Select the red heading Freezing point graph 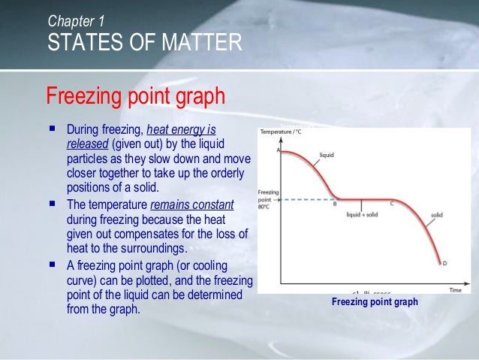(x=135, y=97)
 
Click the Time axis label (x=456, y=289)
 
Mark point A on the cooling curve (x=279, y=150)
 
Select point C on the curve (x=392, y=204)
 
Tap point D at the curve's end (x=444, y=262)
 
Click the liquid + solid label (x=363, y=215)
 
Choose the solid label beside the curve (x=437, y=215)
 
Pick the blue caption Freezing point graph (x=375, y=302)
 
